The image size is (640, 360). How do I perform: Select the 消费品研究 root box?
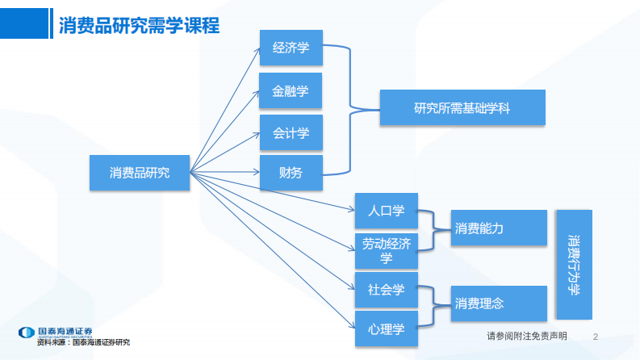click(x=140, y=173)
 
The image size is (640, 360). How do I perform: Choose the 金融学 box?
click(x=291, y=90)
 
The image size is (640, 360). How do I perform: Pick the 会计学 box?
click(x=291, y=132)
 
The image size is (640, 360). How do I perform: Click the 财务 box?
click(x=291, y=172)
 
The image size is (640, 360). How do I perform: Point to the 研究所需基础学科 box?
click(x=462, y=107)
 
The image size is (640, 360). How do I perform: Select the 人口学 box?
click(x=386, y=211)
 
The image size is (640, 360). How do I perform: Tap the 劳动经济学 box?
click(x=386, y=250)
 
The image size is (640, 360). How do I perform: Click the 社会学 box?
click(x=386, y=289)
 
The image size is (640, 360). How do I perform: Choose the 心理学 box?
click(x=386, y=329)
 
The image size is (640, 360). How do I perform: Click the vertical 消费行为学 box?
click(x=573, y=264)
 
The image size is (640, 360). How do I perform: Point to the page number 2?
click(x=596, y=336)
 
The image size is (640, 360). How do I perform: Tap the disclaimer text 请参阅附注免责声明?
click(x=526, y=336)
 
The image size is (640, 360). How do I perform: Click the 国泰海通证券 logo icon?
click(x=27, y=332)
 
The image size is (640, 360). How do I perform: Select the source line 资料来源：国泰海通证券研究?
click(x=83, y=342)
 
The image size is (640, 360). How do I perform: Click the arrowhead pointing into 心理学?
click(x=351, y=326)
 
